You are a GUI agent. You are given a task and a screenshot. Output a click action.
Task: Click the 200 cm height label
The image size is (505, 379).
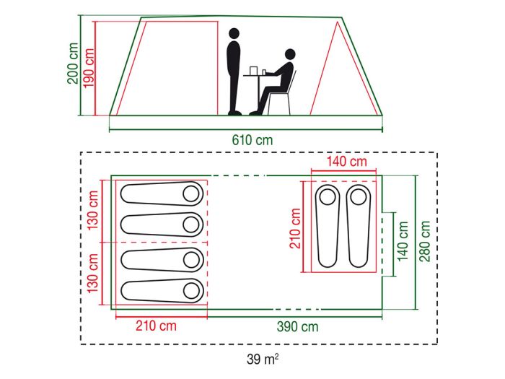[73, 64]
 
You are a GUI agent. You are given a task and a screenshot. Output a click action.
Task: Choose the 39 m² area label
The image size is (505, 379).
[261, 359]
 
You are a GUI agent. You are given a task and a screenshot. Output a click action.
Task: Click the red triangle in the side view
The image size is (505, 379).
[334, 76]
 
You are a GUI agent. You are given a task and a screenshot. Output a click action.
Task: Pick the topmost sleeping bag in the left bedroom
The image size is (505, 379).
[162, 193]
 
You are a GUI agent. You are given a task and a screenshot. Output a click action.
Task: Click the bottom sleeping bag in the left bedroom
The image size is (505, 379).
[162, 290]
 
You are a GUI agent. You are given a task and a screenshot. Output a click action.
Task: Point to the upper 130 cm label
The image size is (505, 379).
[93, 210]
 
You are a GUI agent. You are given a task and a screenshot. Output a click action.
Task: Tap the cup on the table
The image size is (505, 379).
[263, 71]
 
